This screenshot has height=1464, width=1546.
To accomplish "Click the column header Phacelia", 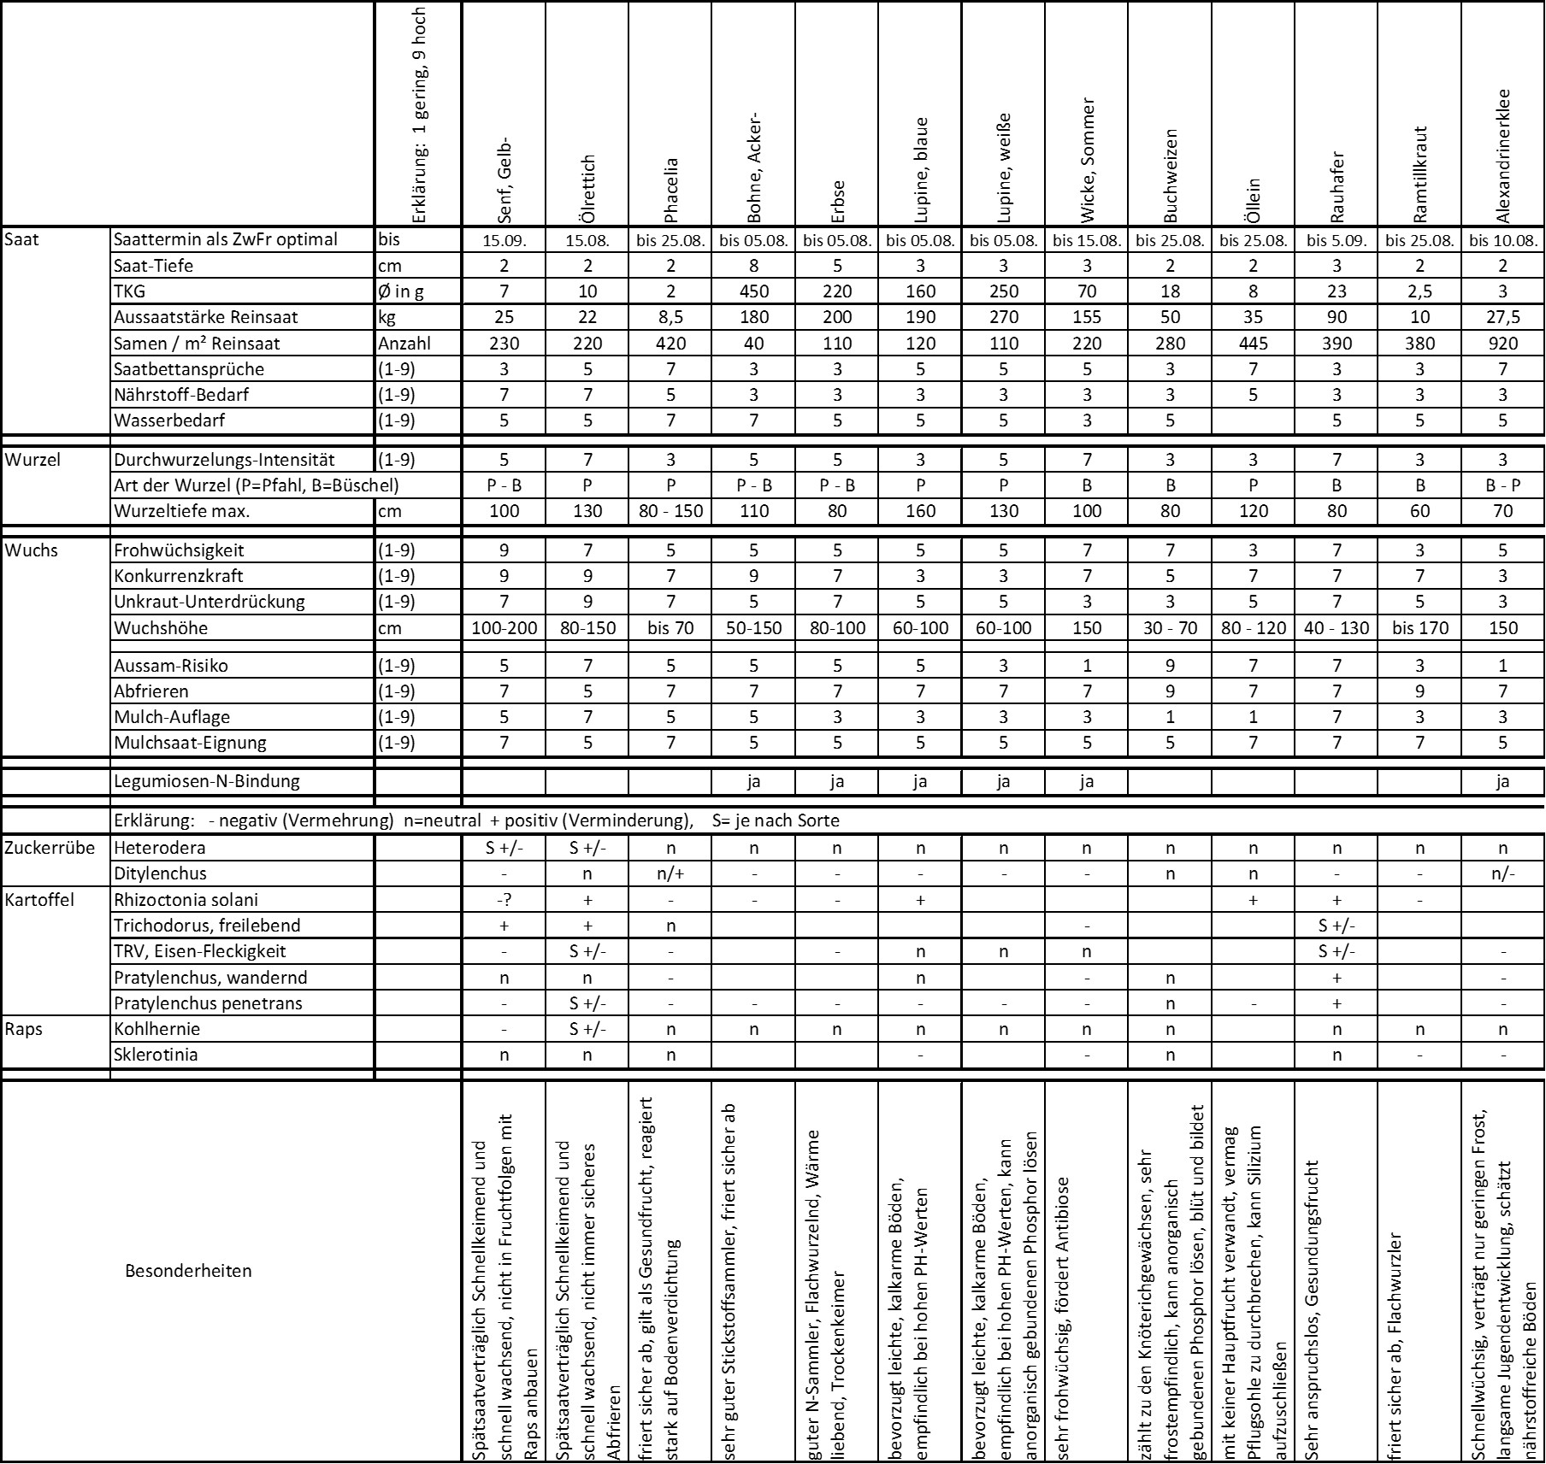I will [x=670, y=189].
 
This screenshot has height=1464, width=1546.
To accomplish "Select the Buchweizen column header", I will [x=1171, y=174].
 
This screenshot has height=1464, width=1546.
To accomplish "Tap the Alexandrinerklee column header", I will [x=1503, y=156].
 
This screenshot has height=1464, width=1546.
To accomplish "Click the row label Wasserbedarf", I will [x=169, y=420].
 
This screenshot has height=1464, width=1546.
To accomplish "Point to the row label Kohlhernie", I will [x=156, y=1029].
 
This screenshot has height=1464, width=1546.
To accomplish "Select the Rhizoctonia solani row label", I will [x=186, y=899].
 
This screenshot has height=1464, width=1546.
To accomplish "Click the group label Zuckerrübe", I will [x=50, y=848].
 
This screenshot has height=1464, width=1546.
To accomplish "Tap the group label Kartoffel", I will [x=39, y=899].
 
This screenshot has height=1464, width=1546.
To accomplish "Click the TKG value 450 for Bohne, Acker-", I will [x=753, y=291].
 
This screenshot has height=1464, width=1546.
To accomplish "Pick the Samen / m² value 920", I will [x=1503, y=344].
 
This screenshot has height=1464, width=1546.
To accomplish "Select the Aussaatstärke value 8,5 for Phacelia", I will [x=670, y=317].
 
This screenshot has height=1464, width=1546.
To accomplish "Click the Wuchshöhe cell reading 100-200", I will [x=505, y=628].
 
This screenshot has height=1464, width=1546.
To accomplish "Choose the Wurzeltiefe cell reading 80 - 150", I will [x=670, y=511].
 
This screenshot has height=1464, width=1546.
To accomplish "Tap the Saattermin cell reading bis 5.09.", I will [x=1337, y=240].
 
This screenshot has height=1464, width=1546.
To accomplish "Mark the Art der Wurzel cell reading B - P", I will [x=1503, y=485].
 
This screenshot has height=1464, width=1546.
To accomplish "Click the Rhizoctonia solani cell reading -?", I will [x=505, y=899].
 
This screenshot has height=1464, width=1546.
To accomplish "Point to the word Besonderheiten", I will [x=188, y=1271].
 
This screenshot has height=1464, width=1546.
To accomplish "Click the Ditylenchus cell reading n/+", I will [x=670, y=873].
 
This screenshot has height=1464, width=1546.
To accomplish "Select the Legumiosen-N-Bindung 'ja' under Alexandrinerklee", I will [x=1503, y=780].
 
